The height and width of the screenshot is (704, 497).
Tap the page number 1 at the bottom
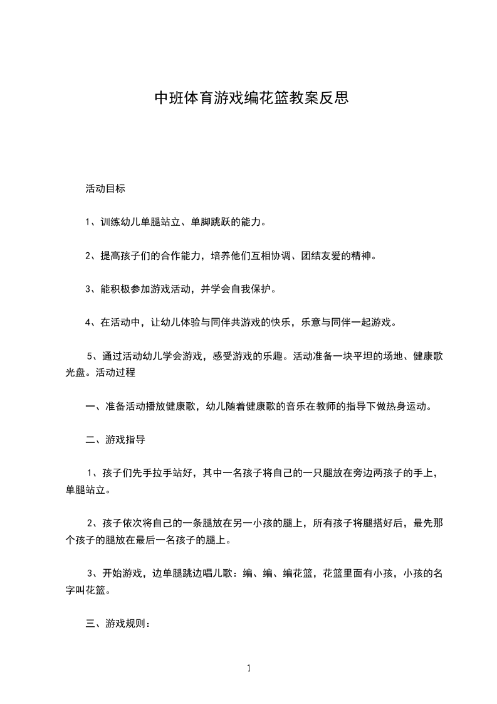249,668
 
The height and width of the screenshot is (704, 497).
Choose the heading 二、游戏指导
115,440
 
